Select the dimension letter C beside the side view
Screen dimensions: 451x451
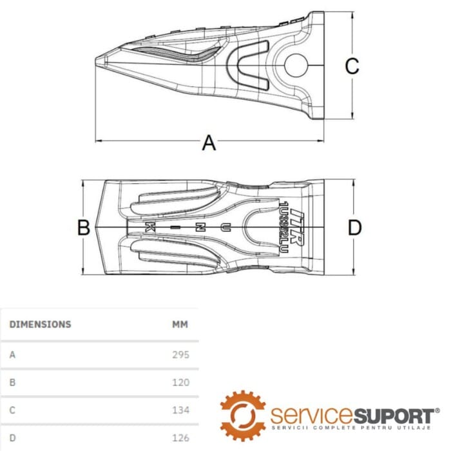(351, 66)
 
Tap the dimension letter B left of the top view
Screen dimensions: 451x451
(83, 227)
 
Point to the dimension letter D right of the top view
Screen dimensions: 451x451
(354, 227)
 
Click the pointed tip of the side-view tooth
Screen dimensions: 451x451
(99, 61)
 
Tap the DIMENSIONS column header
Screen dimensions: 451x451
(40, 324)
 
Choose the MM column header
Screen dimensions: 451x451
(180, 324)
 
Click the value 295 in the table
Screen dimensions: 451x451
(181, 354)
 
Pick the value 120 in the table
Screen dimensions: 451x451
(181, 382)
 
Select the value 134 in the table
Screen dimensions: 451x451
(181, 410)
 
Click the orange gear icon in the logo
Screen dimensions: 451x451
(243, 415)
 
